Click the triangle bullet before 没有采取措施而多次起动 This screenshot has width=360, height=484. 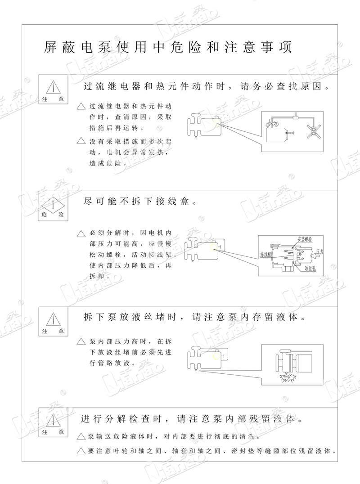coord(81,141)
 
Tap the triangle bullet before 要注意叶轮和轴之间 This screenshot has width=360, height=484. coord(81,451)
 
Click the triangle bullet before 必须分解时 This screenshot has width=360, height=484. coord(81,233)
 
